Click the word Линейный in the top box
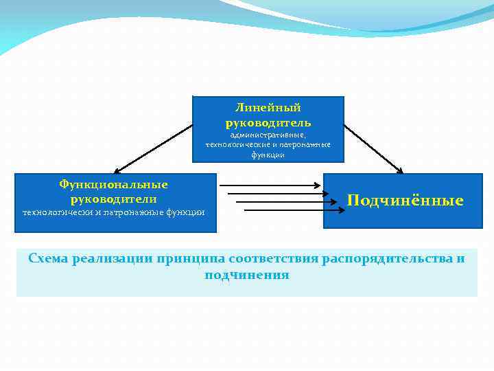tap(268, 108)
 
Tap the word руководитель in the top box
tap(268, 123)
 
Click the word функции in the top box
tap(268, 155)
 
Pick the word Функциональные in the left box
tap(113, 185)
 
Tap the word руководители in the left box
tap(113, 199)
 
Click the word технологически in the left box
tap(58, 212)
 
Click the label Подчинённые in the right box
tap(405, 201)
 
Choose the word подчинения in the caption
tap(247, 275)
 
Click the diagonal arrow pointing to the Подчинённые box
tap(374, 148)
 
